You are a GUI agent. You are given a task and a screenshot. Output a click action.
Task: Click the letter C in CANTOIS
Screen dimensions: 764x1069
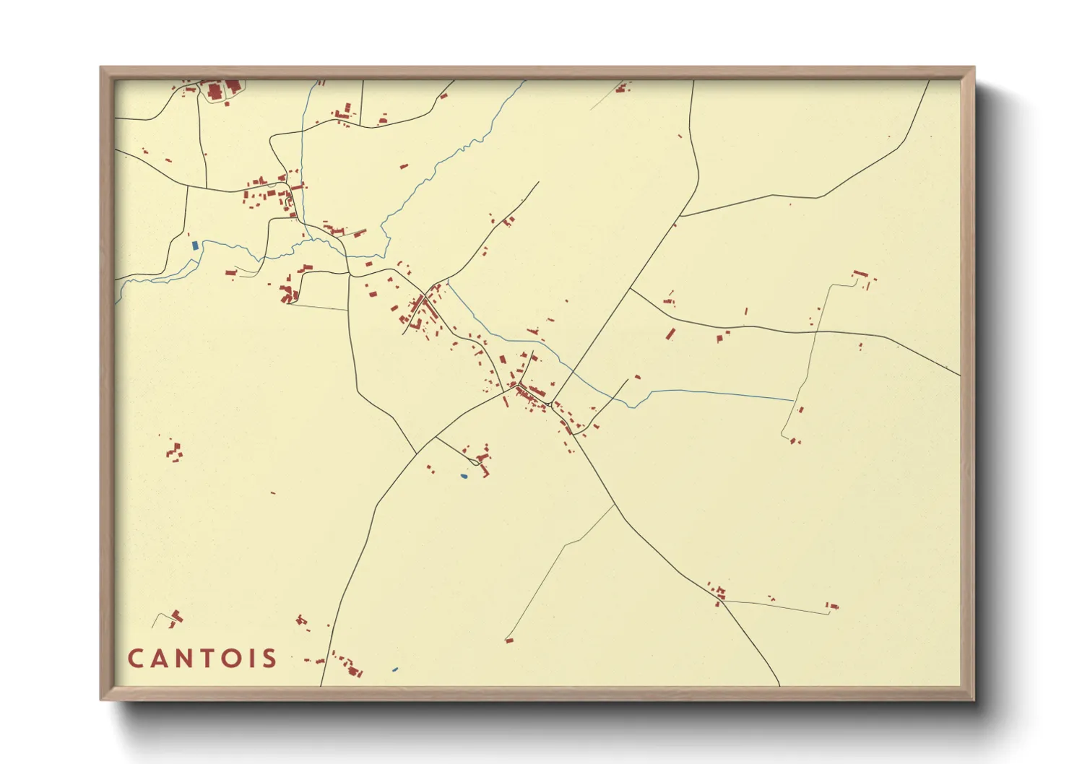pos(136,659)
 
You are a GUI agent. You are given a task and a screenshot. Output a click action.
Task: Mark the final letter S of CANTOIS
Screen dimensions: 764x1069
pos(269,659)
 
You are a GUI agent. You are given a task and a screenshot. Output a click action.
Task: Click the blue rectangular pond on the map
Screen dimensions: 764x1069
pos(195,245)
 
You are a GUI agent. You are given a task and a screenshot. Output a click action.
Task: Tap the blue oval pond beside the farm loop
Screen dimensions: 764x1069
pos(464,476)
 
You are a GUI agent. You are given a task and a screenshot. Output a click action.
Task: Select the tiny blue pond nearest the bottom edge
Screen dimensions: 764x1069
pos(394,669)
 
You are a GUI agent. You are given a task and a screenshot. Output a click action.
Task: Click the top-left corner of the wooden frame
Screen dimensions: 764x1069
pos(101,68)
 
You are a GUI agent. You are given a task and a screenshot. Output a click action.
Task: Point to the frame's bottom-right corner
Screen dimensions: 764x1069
pos(974,699)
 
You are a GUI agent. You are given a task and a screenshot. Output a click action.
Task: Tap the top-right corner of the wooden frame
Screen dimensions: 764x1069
pos(974,68)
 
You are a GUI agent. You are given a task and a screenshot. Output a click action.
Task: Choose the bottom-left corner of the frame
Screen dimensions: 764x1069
pos(101,699)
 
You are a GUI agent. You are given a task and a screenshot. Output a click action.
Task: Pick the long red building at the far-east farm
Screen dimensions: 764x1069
pos(860,274)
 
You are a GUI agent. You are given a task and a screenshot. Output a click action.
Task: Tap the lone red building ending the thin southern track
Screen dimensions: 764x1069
pos(509,640)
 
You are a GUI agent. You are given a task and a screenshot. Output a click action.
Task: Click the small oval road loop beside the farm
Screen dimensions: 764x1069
pos(475,461)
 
